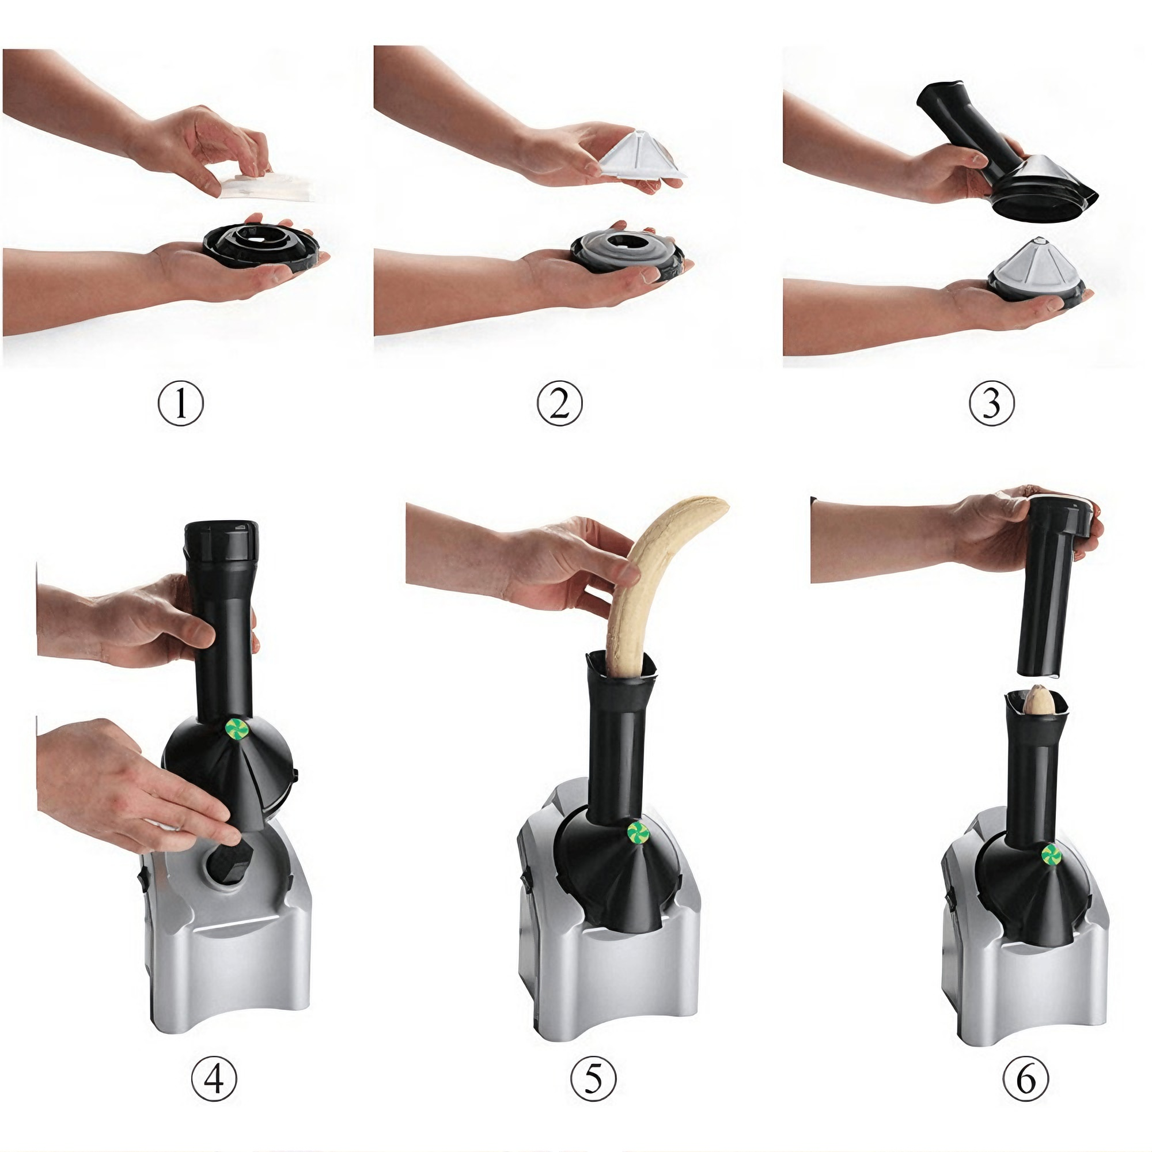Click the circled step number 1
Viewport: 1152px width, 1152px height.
181,404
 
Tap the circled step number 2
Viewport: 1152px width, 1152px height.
559,404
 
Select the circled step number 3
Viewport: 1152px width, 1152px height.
990,404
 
